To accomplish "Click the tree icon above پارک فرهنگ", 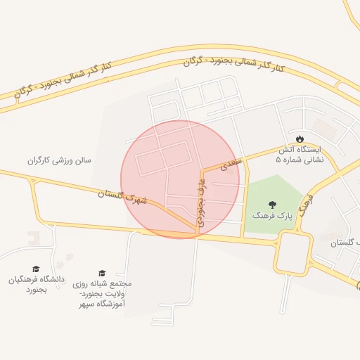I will pos(272,204).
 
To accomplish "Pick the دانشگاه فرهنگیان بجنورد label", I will pos(37,284).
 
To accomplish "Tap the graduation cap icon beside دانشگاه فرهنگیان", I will pos(36,269).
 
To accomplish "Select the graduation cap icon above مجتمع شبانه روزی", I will pos(102,273).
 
